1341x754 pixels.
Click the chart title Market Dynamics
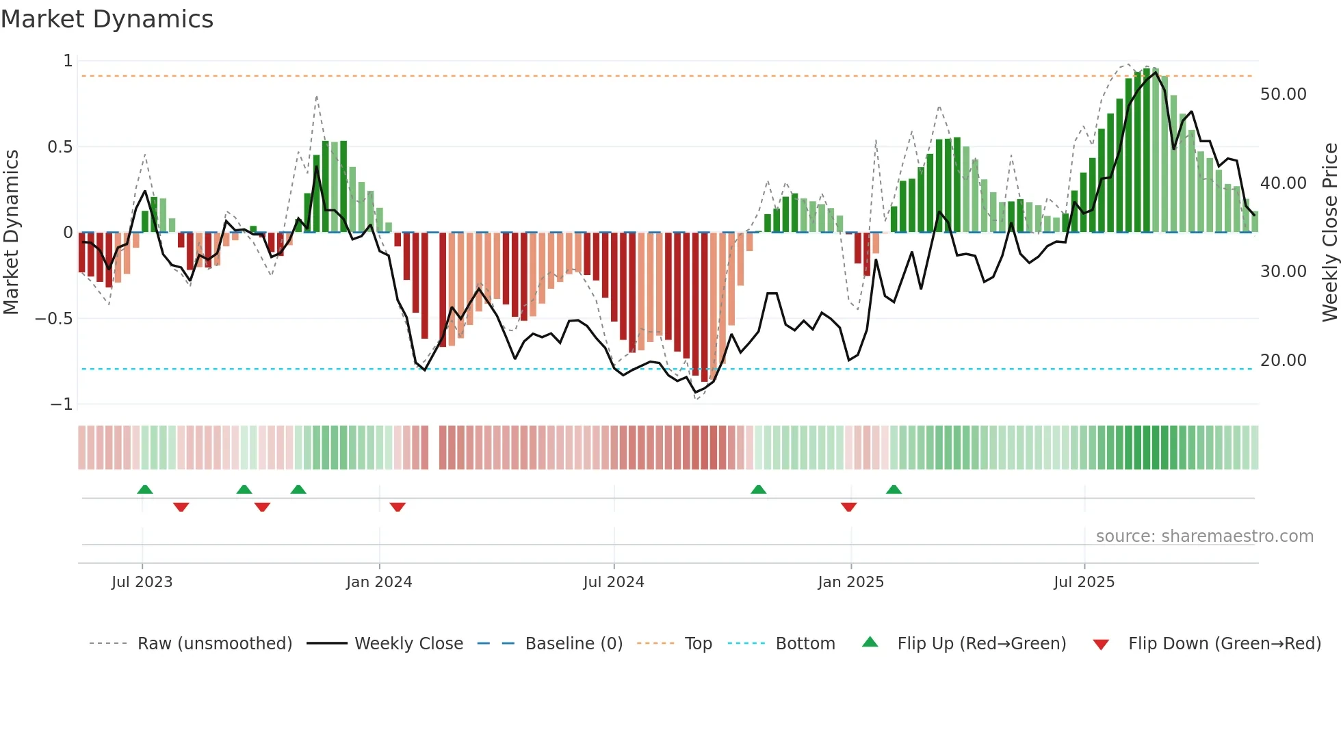tap(107, 19)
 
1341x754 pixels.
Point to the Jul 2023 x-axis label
tap(142, 582)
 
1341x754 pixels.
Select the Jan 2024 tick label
tap(379, 582)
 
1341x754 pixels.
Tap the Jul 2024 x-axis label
tap(614, 582)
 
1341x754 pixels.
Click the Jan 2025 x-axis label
tap(850, 582)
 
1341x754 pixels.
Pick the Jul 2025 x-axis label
tap(1084, 582)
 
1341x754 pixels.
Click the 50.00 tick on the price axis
tap(1283, 94)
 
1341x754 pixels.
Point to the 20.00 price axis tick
tap(1283, 361)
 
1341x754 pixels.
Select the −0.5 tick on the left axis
tap(53, 319)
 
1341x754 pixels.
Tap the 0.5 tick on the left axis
tap(60, 147)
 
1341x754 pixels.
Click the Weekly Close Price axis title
tap(1329, 232)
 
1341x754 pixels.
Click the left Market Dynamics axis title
tap(11, 232)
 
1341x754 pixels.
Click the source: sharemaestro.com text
tap(1204, 536)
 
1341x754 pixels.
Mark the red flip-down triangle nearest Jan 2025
tap(848, 507)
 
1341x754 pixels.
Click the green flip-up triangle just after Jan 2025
tap(894, 489)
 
